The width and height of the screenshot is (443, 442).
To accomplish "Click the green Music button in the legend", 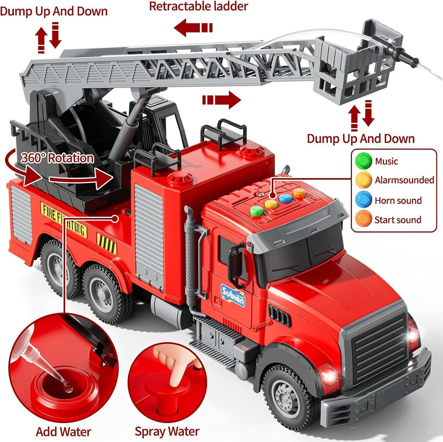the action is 363,161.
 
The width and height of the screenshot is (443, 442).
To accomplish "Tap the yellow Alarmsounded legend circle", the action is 363,180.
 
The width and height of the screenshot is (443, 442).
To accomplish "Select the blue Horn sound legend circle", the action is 363,200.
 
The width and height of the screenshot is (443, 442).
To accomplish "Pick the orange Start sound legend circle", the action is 363,219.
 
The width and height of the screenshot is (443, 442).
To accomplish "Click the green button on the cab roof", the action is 257,211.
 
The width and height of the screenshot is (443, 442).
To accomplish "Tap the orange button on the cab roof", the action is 299,193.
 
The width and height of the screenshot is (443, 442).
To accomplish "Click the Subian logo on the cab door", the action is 233,296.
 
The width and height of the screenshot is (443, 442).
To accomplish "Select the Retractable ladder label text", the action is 198,6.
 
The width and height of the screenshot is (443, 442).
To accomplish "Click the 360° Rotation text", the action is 58,158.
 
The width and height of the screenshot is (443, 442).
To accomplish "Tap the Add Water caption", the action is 63,432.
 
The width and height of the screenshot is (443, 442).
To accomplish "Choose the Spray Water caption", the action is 167,432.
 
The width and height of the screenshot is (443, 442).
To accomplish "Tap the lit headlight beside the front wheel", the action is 329,376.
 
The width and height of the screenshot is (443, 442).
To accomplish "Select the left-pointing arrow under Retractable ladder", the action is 193,28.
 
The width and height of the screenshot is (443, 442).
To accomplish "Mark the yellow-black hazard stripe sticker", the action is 106,243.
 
